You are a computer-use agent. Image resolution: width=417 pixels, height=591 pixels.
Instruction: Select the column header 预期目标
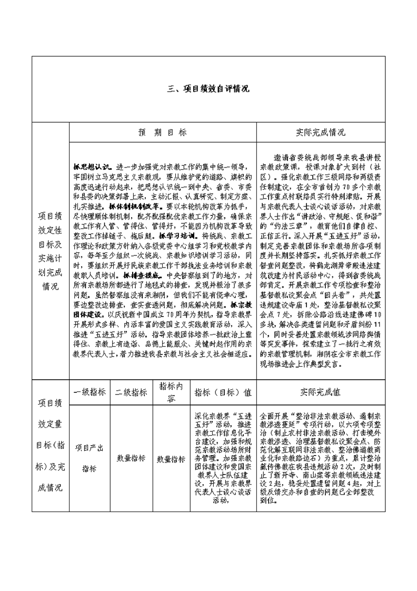click(x=162, y=133)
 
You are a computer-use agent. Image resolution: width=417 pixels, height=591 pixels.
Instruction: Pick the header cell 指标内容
click(x=171, y=392)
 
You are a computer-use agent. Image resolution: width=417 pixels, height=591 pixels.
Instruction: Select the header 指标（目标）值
click(x=223, y=392)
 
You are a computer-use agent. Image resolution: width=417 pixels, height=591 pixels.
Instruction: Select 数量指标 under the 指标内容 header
click(x=171, y=459)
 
